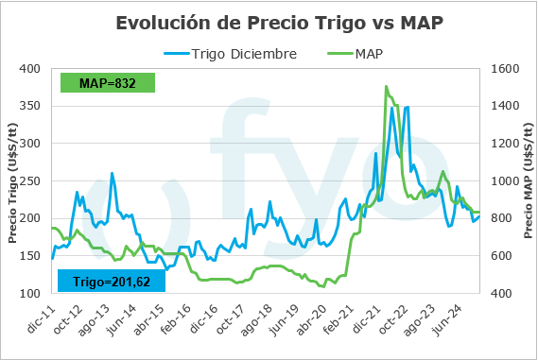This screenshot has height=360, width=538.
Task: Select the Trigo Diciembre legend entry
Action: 244,53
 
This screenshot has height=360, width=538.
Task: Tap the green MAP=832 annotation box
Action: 107,83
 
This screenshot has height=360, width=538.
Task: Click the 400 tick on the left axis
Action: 33,69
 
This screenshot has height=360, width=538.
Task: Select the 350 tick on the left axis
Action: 33,106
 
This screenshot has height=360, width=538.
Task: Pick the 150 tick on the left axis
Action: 33,256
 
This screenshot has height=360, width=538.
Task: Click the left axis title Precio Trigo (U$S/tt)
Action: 13,180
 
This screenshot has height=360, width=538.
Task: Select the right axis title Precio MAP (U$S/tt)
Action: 526,180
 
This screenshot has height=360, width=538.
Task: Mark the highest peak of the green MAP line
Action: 386,86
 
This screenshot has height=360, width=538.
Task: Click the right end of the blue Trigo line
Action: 479,217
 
